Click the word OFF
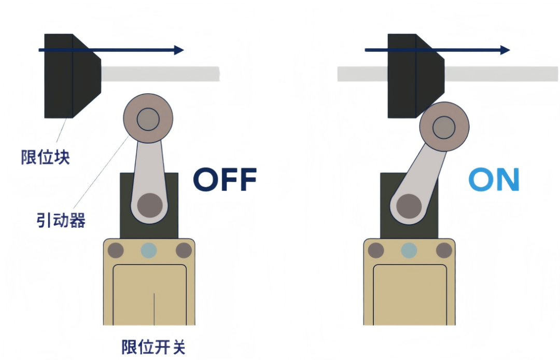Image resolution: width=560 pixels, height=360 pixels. point(225,179)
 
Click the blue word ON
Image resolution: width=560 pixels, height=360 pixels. point(494,179)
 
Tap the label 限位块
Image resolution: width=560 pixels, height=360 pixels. point(45,157)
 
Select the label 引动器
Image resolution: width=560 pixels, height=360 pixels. point(61,220)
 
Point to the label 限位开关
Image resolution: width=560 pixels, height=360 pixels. point(153,347)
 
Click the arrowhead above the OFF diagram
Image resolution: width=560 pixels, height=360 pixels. point(179,50)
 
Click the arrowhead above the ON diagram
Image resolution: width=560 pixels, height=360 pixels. point(505,50)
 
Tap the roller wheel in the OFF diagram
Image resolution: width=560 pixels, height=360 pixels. point(148,119)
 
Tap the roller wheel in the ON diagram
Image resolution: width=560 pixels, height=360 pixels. point(444,127)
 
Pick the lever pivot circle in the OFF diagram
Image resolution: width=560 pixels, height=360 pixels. point(150,205)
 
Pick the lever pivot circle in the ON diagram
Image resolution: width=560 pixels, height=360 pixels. point(409,206)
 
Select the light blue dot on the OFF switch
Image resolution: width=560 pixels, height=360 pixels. point(149,251)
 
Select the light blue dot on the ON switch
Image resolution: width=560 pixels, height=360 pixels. point(409,251)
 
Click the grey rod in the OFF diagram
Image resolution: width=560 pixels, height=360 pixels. point(160,74)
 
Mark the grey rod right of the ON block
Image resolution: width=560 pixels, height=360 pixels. point(501,74)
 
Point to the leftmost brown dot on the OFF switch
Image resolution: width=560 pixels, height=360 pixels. point(116,251)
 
